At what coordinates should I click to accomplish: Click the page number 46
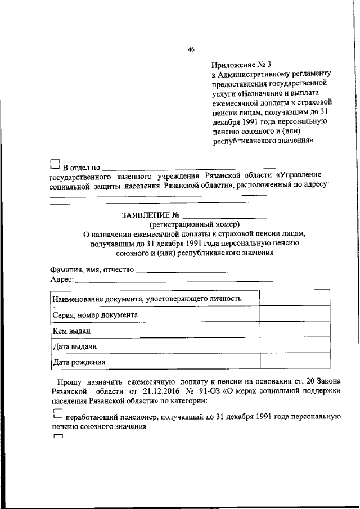click(x=191, y=49)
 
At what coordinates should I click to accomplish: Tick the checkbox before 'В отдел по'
click(x=55, y=165)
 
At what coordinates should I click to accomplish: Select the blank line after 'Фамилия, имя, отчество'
click(x=211, y=272)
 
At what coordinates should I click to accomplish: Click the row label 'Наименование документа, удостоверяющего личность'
click(x=147, y=299)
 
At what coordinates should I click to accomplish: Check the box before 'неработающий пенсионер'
click(x=55, y=415)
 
